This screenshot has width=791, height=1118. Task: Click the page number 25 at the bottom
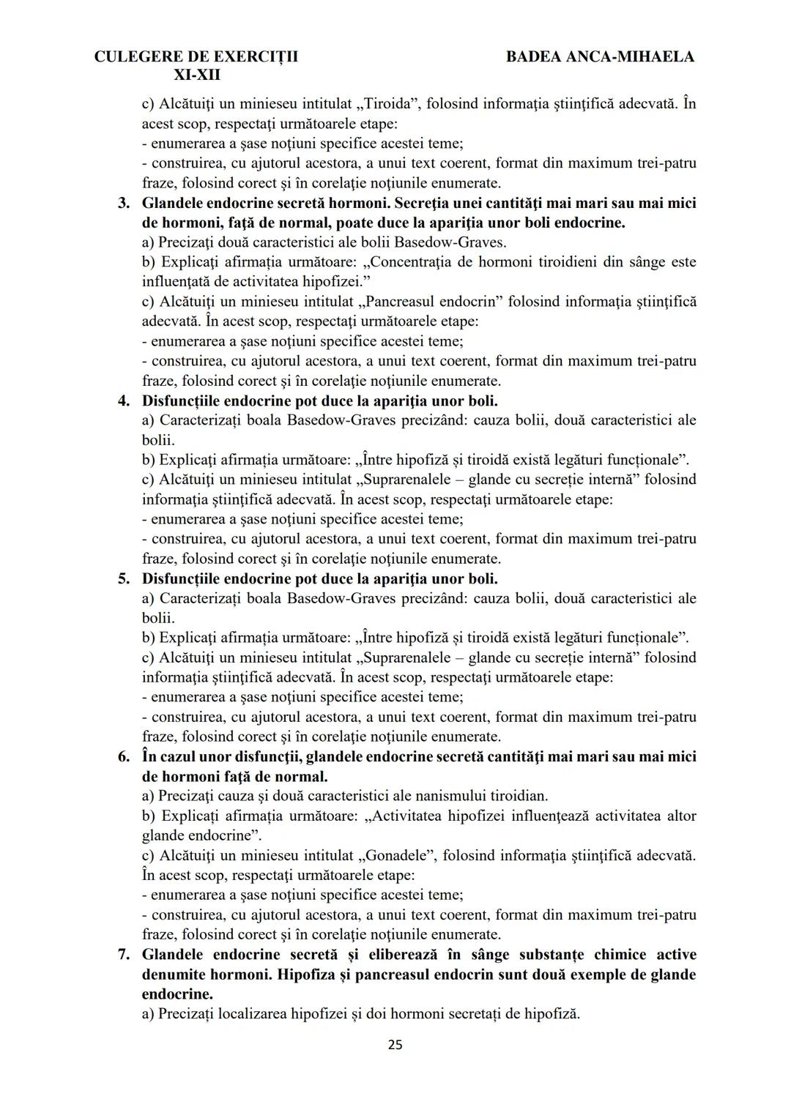click(395, 1045)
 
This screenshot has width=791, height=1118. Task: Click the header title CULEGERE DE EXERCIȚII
click(196, 56)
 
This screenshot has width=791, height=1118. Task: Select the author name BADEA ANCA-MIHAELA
click(600, 56)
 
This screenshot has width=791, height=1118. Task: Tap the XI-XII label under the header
click(196, 75)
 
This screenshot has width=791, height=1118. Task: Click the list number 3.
click(124, 203)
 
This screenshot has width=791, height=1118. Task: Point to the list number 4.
click(124, 400)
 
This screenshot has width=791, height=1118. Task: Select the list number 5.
click(124, 578)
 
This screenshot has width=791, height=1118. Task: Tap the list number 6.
click(124, 756)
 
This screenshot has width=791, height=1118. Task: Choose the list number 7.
click(124, 955)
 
